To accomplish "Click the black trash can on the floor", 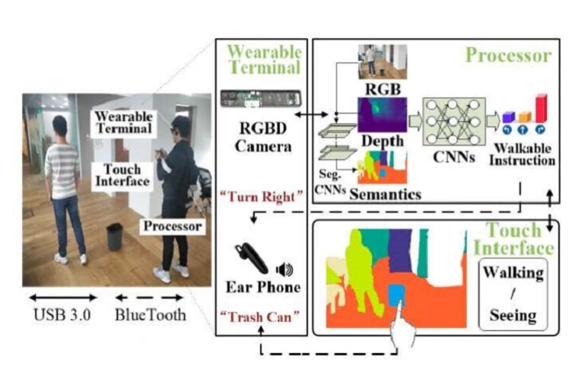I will pos(115,236).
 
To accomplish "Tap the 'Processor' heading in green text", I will pos(508,55).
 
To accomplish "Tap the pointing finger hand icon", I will pos(396,328).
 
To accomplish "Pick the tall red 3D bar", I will pos(542,107).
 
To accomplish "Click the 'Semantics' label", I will pos(386,195).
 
